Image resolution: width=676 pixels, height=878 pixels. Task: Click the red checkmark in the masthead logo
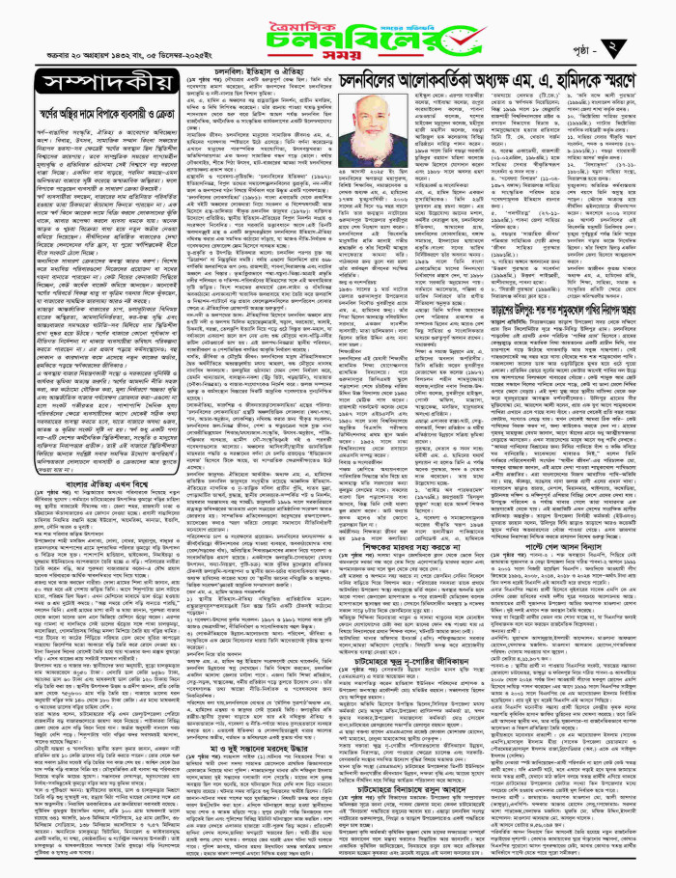(x=422, y=29)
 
